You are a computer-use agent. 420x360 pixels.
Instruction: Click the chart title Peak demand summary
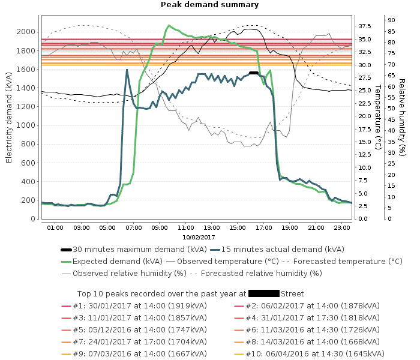209,5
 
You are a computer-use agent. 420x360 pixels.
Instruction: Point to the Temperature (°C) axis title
378,116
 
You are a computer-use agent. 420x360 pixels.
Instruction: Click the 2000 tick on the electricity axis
26,31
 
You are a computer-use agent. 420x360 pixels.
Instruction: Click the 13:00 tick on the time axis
212,227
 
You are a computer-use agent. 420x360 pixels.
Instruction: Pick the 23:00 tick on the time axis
342,227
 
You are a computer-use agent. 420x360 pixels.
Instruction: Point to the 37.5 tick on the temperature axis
365,26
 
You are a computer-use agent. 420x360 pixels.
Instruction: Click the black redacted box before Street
263,294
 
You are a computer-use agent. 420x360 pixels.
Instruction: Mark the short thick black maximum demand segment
253,73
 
